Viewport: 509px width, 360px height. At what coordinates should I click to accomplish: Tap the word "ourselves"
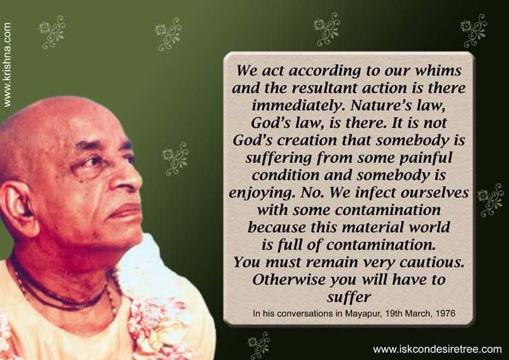tap(435, 193)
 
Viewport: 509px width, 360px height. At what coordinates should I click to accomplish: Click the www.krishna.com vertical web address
tap(7, 65)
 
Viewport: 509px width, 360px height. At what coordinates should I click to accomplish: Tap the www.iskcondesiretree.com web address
tap(437, 349)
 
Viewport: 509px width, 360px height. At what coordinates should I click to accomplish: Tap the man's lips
tap(125, 212)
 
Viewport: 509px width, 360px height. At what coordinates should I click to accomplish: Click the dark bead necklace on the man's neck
tap(62, 294)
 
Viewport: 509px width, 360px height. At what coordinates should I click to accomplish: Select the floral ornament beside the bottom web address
tap(259, 345)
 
